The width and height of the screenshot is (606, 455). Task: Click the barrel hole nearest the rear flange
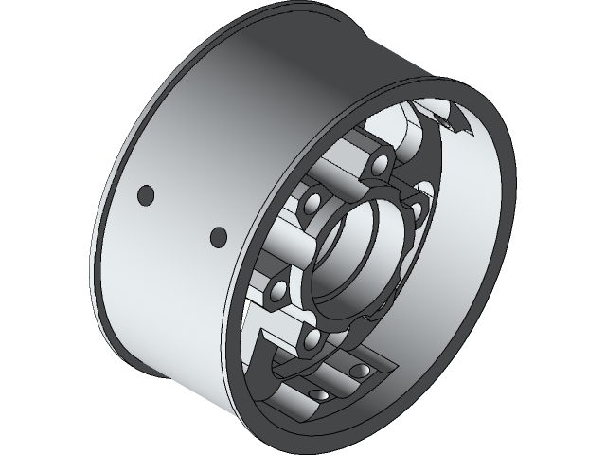(x=145, y=194)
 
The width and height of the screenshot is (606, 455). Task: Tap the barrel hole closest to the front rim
(x=218, y=235)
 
